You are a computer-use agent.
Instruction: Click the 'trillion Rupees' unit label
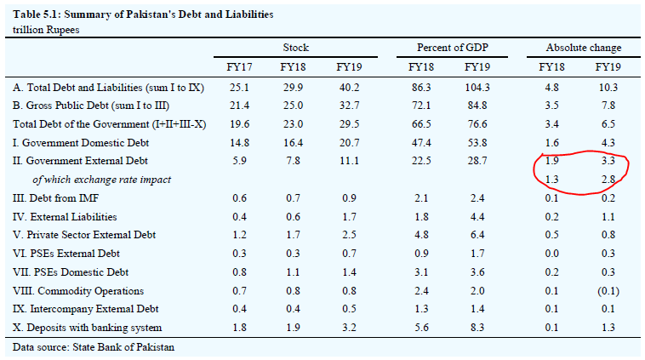(45, 30)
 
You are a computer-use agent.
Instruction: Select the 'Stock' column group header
(296, 48)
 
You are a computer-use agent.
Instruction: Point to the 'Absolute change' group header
(583, 48)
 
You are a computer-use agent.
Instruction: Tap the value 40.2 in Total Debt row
(348, 88)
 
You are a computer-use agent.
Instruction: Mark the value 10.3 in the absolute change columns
(606, 88)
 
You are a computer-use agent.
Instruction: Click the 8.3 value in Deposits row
(478, 327)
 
